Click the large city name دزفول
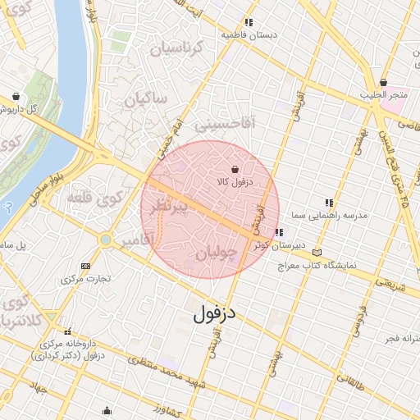point(214,313)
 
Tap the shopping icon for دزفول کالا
point(235,169)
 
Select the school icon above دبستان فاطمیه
point(249,23)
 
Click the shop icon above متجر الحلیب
point(384,82)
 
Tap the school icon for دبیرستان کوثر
point(280,232)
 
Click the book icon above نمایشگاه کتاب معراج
point(318,253)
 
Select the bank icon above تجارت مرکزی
point(86,265)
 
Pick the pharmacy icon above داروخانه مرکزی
point(67,331)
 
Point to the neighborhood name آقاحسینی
point(226,124)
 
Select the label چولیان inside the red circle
point(217,254)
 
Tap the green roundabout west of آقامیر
point(105,239)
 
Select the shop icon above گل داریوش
point(16,95)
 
